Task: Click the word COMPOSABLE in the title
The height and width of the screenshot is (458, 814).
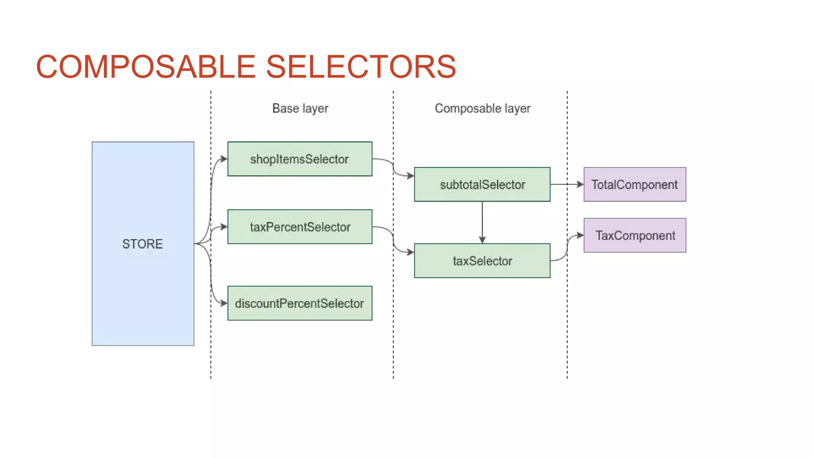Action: pyautogui.click(x=145, y=67)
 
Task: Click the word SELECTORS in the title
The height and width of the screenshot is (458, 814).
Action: pyautogui.click(x=361, y=67)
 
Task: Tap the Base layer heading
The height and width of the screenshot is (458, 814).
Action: pyautogui.click(x=300, y=108)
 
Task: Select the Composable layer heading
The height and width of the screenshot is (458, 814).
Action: pyautogui.click(x=482, y=108)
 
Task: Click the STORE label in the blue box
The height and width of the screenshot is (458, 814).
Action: pyautogui.click(x=142, y=244)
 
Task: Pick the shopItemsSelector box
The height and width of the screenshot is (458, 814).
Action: pyautogui.click(x=300, y=159)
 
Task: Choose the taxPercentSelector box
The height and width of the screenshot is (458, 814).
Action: pyautogui.click(x=300, y=227)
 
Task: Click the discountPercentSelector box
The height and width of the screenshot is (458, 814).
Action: pyautogui.click(x=300, y=303)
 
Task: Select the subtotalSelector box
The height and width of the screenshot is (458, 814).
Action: pyautogui.click(x=482, y=184)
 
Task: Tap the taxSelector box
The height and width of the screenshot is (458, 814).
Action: pyautogui.click(x=482, y=261)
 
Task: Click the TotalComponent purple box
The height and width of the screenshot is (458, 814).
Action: pyautogui.click(x=635, y=184)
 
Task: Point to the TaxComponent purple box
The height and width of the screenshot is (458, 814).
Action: pyautogui.click(x=635, y=235)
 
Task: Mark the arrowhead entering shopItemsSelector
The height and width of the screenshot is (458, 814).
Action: pyautogui.click(x=224, y=159)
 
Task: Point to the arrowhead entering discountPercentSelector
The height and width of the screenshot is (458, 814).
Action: pyautogui.click(x=224, y=303)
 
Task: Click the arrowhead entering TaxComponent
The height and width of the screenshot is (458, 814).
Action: pyautogui.click(x=580, y=235)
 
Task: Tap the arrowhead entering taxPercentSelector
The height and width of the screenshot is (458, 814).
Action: pyautogui.click(x=224, y=227)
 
